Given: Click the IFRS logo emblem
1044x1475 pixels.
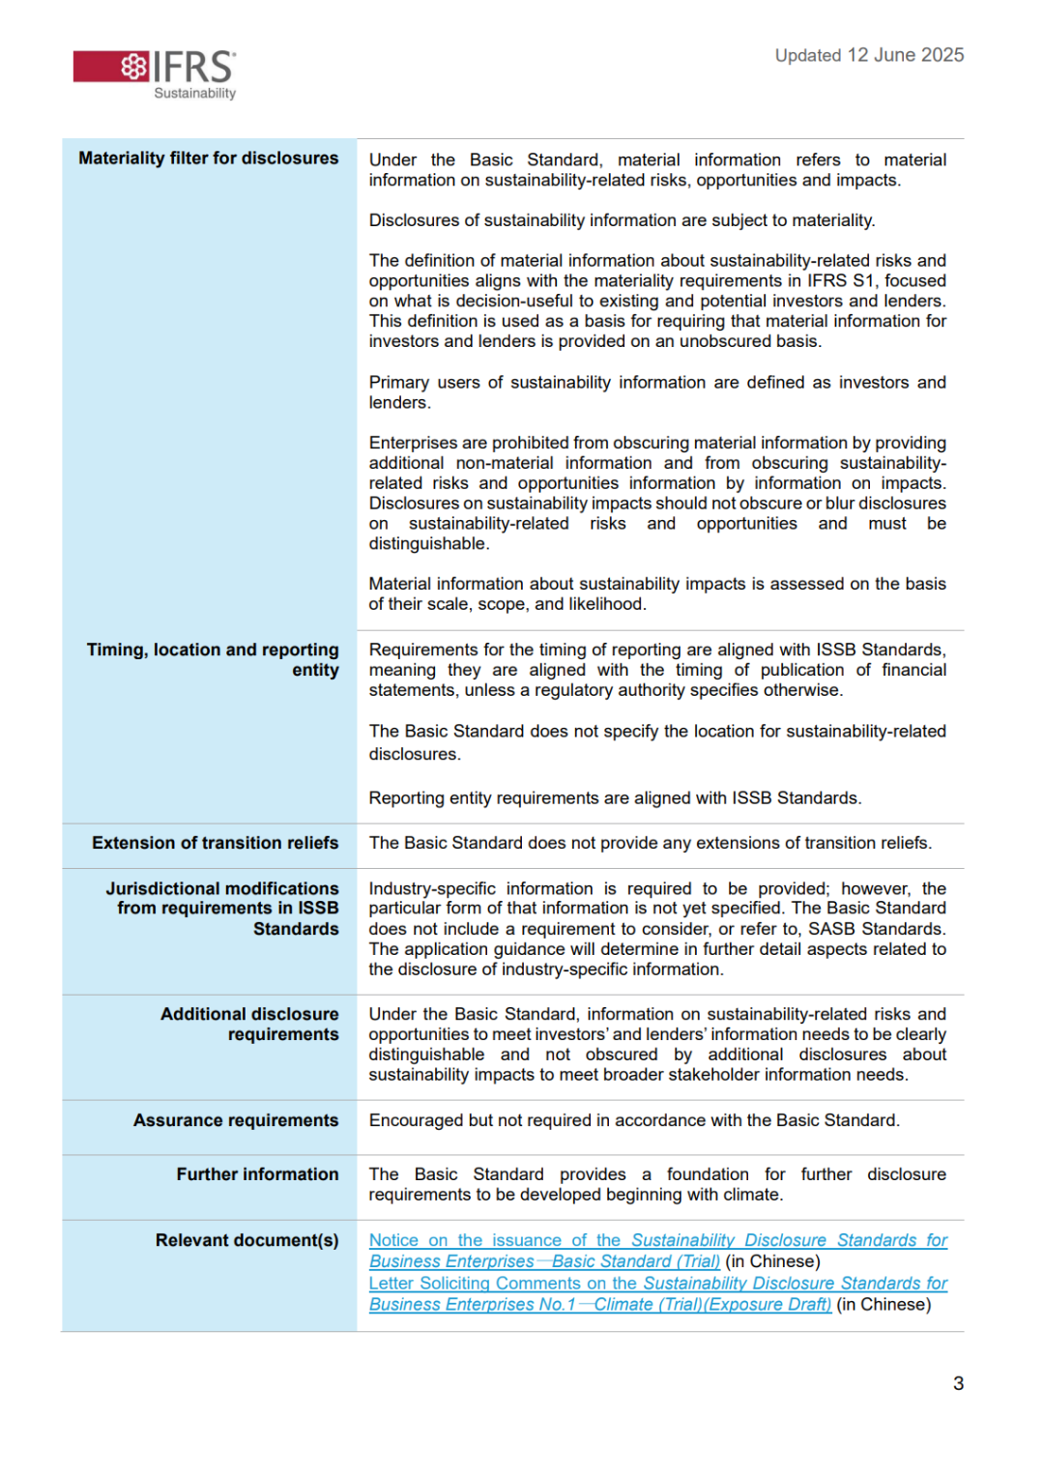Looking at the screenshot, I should click(134, 67).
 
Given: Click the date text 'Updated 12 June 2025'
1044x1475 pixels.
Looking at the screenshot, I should click(869, 55).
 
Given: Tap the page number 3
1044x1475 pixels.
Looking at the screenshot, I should click(958, 1383).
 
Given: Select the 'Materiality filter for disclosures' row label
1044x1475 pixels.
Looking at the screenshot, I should click(209, 159).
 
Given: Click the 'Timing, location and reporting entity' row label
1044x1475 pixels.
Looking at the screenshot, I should click(213, 660).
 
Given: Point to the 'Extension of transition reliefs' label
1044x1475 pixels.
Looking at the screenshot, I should click(216, 843).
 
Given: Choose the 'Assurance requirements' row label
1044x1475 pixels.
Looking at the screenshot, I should click(236, 1120).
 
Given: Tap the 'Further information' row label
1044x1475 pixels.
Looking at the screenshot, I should click(257, 1174).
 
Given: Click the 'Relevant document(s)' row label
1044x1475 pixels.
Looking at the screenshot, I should click(247, 1240).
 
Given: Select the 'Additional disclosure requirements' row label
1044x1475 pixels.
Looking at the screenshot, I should click(249, 1025).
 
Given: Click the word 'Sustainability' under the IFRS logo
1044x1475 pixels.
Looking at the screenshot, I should click(195, 94).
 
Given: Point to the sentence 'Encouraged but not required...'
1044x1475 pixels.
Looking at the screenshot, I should click(634, 1120).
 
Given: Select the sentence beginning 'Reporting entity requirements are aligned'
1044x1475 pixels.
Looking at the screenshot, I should click(615, 798).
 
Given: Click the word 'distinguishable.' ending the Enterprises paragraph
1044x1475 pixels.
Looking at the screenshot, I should click(429, 544).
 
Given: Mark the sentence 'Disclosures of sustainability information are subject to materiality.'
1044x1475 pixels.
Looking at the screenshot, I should click(622, 220).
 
